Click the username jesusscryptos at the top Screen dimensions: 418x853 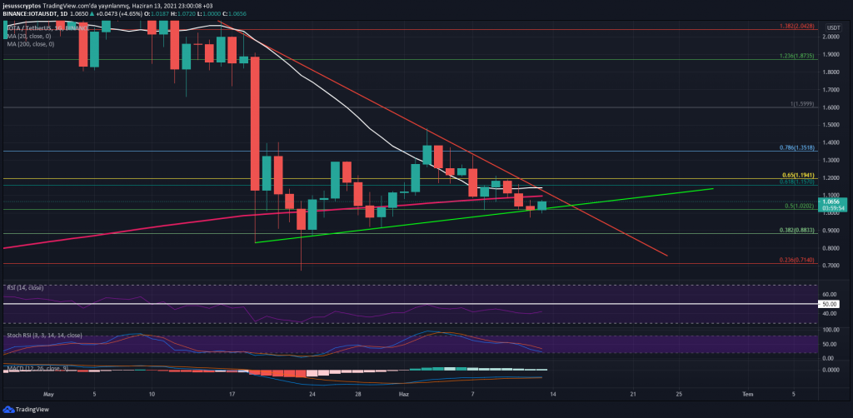click(25, 4)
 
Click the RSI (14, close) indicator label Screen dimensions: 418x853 click(24, 288)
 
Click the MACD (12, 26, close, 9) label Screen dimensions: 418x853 click(37, 366)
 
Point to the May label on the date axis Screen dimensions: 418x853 click(47, 392)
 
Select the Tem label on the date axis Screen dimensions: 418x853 click(747, 392)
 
